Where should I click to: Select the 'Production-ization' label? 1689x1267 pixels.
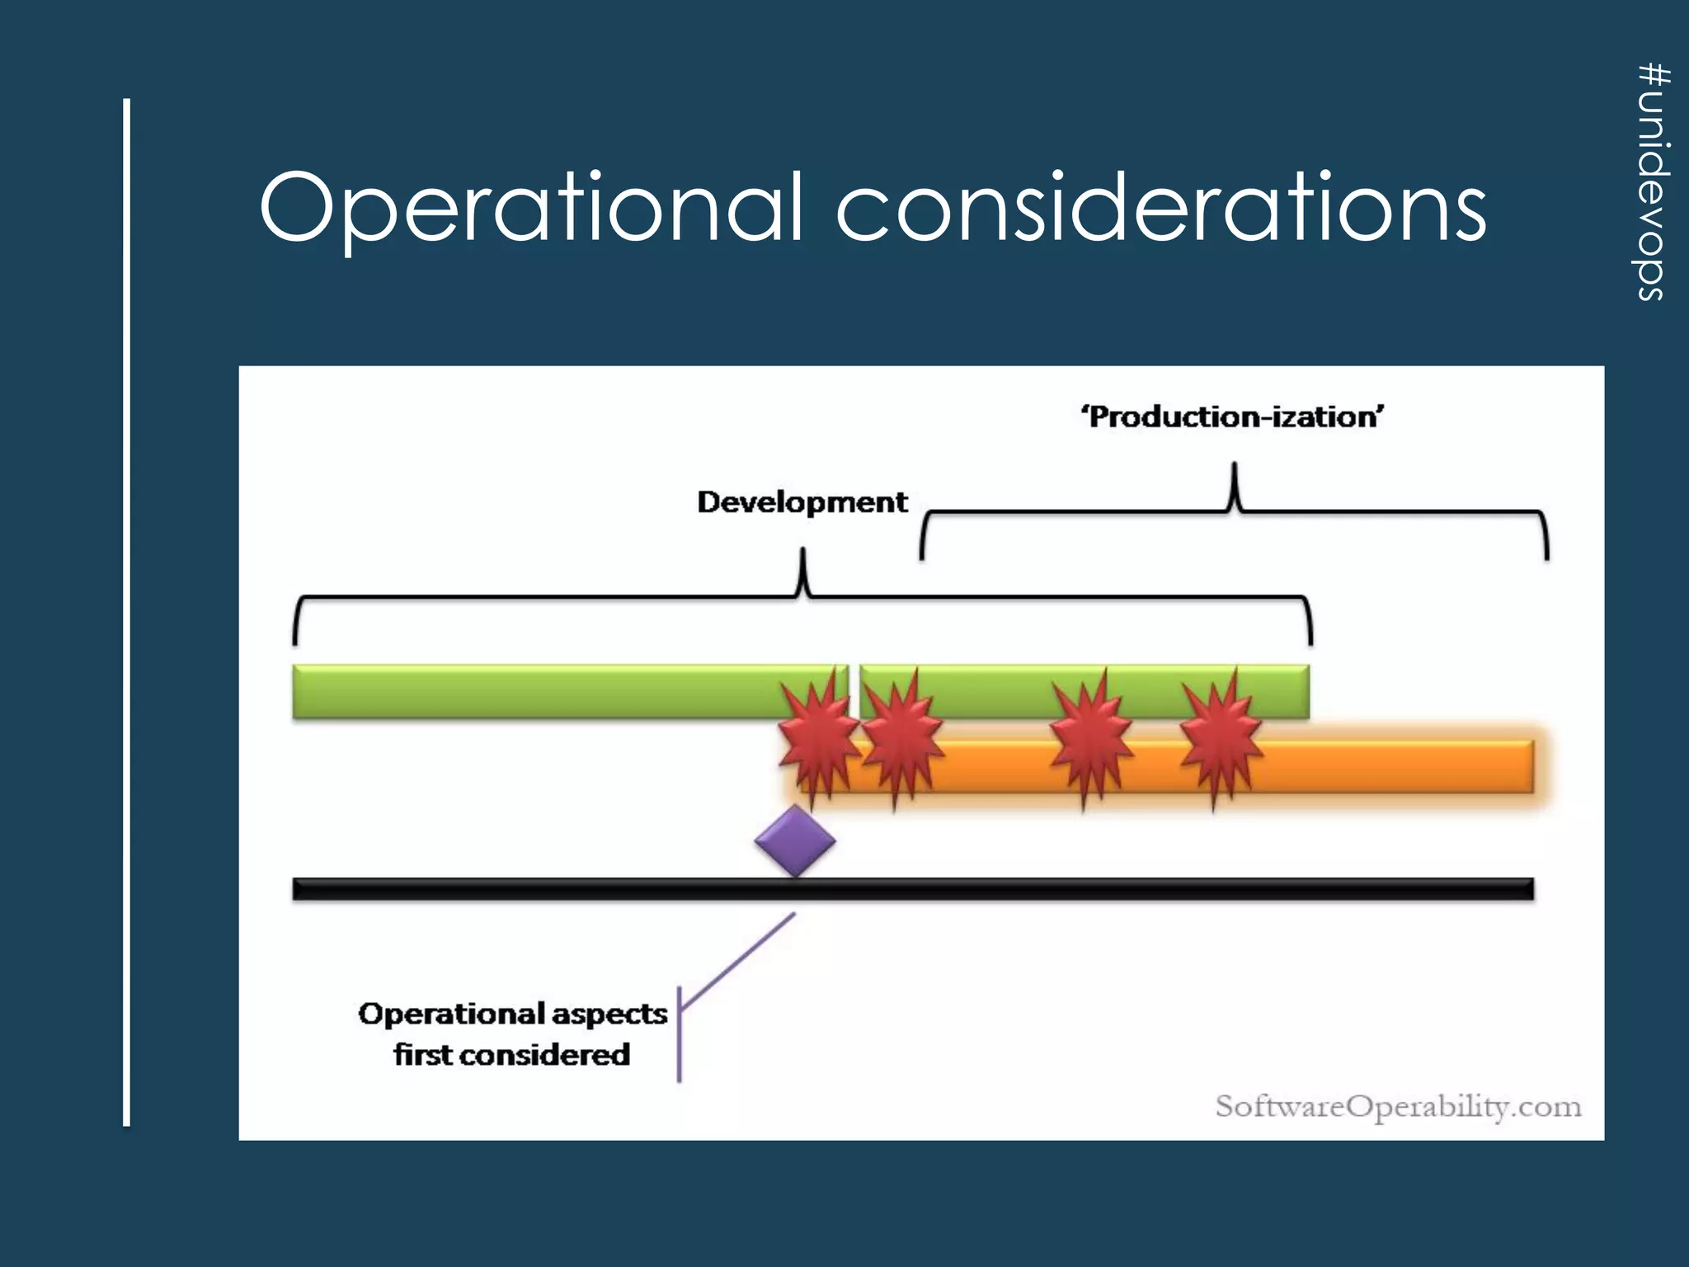pyautogui.click(x=1232, y=417)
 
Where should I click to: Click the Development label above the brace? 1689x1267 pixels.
pyautogui.click(x=802, y=502)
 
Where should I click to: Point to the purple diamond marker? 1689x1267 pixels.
pyautogui.click(x=795, y=841)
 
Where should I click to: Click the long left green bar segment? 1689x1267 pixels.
pyautogui.click(x=536, y=691)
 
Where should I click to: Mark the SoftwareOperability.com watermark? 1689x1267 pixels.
pyautogui.click(x=1398, y=1106)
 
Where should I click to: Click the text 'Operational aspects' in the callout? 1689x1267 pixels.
pyautogui.click(x=512, y=1014)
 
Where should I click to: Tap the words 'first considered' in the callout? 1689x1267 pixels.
pyautogui.click(x=511, y=1055)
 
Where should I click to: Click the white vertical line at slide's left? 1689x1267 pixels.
pyautogui.click(x=127, y=610)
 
